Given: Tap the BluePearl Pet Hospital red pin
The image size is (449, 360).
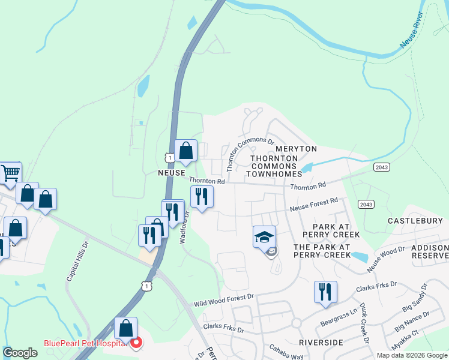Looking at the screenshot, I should [x=136, y=343].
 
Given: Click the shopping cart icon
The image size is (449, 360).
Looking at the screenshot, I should [x=10, y=174].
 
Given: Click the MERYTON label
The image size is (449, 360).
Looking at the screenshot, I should [x=296, y=148].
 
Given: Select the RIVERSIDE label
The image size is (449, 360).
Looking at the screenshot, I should [x=321, y=342].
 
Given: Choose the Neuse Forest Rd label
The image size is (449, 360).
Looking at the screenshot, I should [x=314, y=205].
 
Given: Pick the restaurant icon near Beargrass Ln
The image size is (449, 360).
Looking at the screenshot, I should [x=325, y=292].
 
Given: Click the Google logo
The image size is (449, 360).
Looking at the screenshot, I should [x=20, y=353].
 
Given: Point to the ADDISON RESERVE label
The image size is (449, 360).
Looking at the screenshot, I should [x=430, y=251].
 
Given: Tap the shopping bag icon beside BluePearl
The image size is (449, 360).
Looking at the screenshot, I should [x=125, y=329].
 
